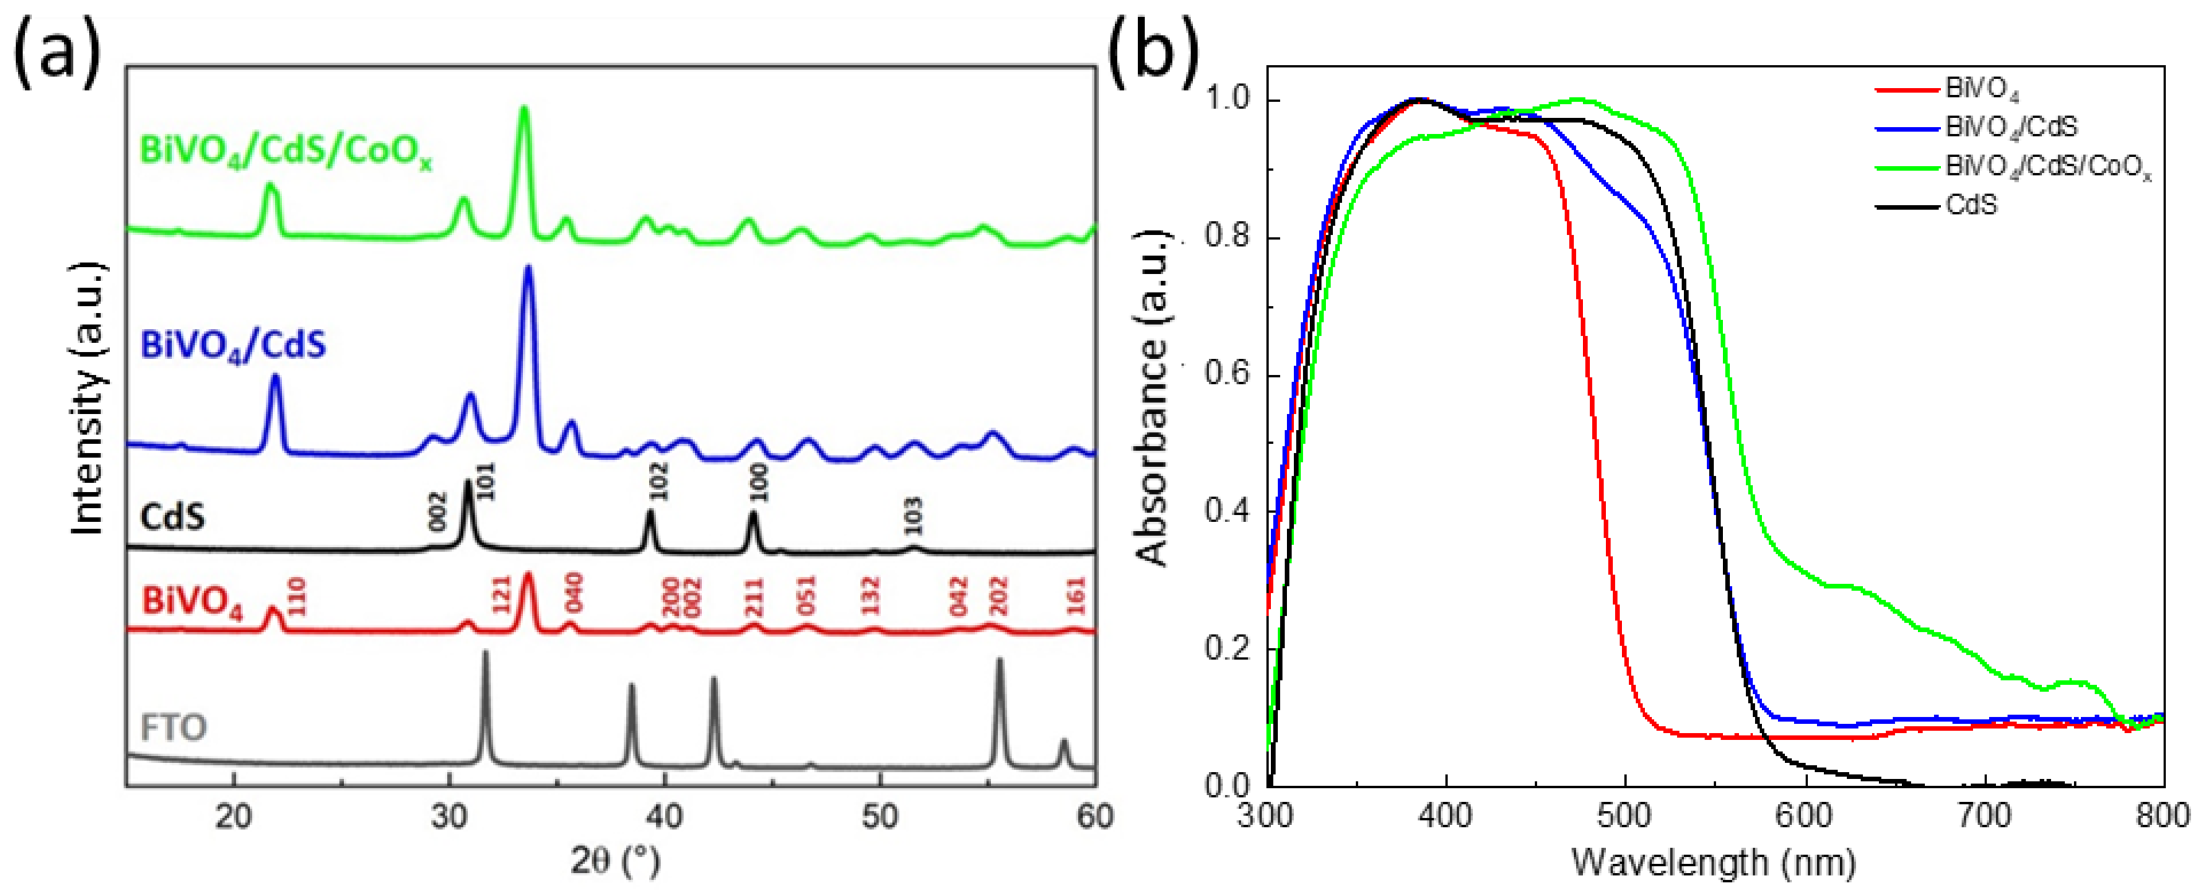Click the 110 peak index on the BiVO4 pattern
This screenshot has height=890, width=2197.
(297, 596)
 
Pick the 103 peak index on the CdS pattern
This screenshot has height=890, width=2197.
(913, 516)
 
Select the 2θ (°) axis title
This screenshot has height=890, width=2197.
(615, 862)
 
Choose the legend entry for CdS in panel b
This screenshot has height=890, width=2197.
(1971, 205)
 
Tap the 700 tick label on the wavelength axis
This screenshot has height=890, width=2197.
(1986, 817)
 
